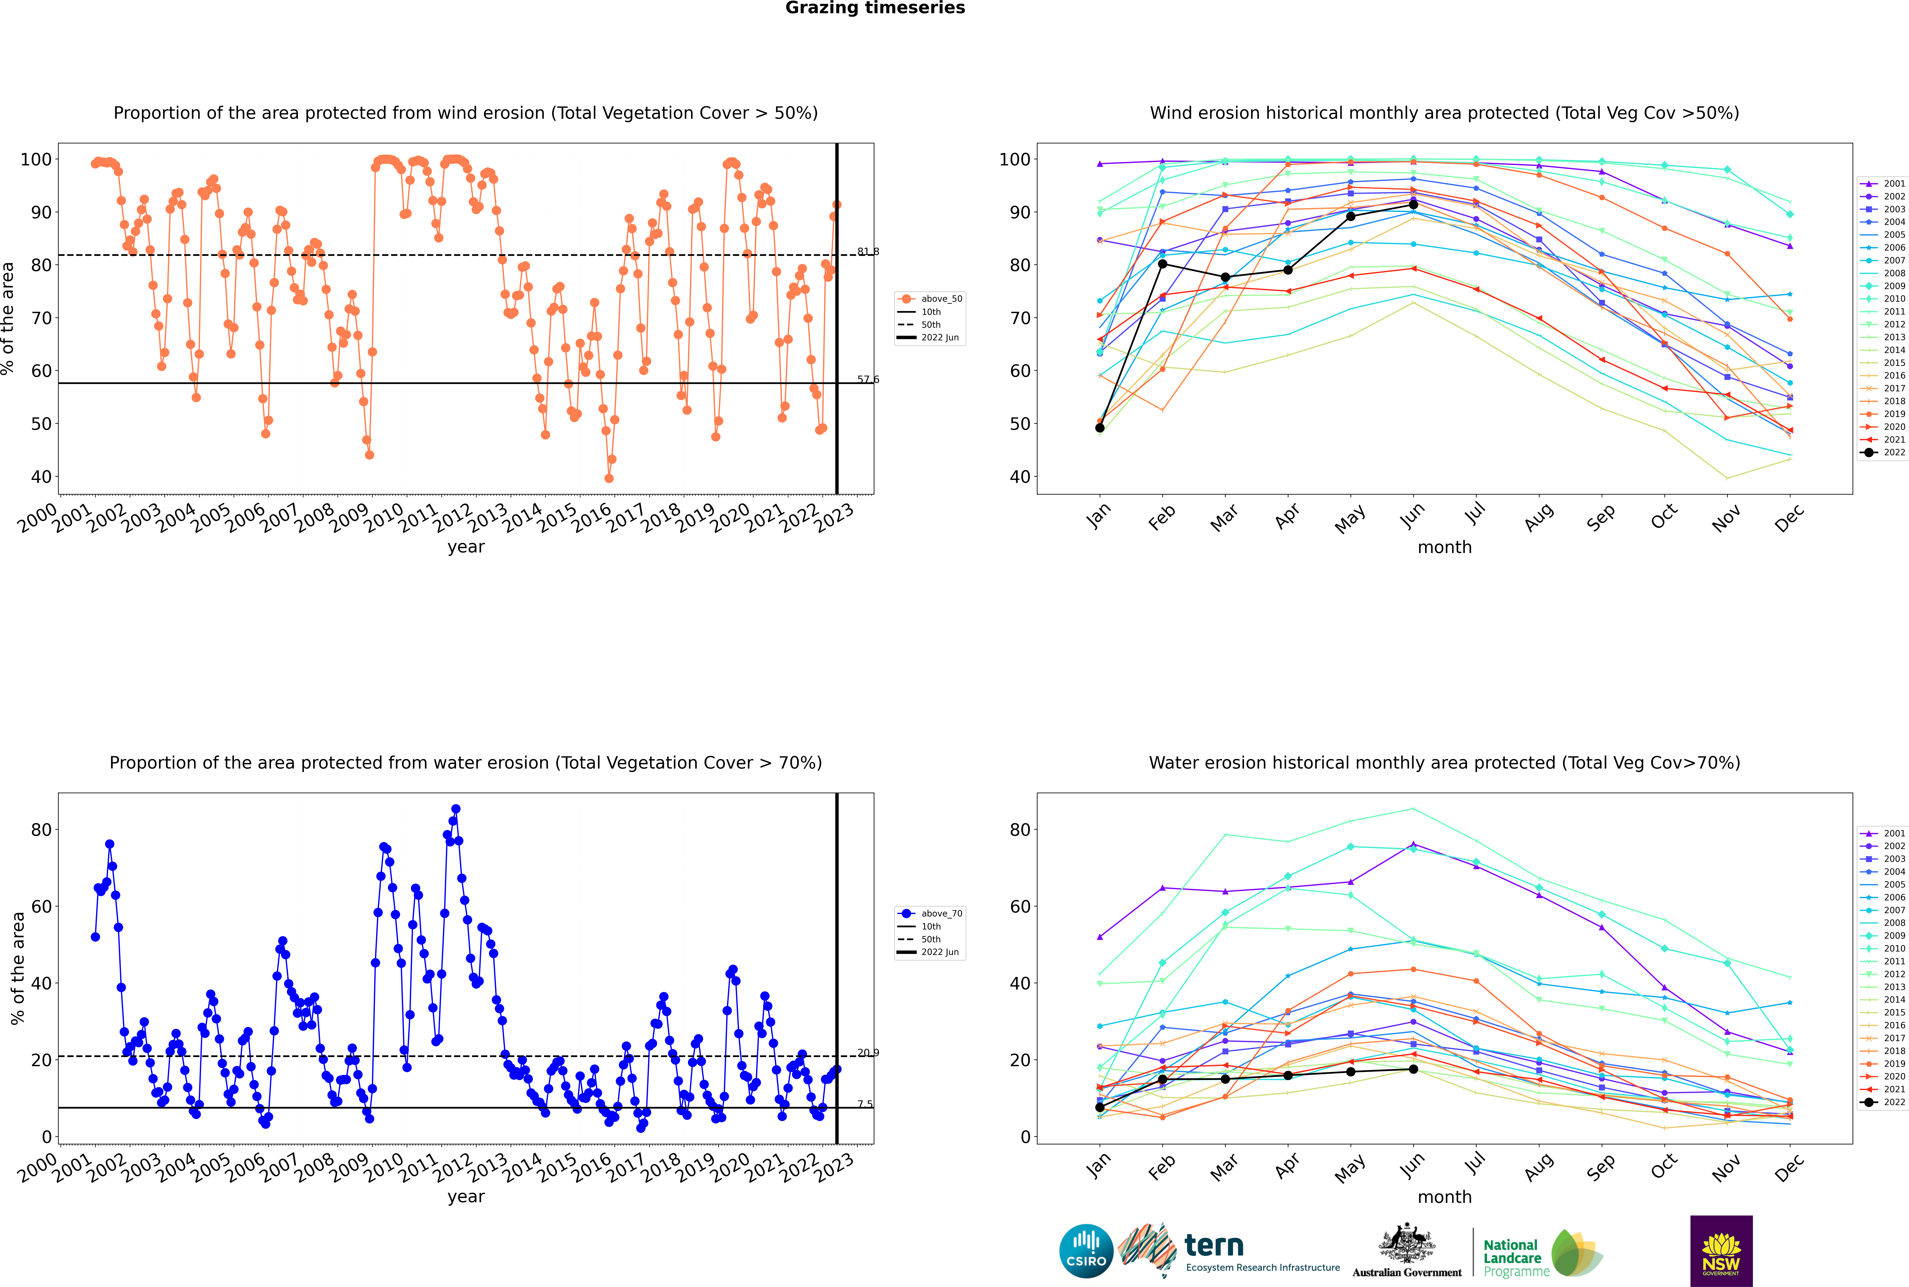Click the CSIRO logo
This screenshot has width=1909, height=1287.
pyautogui.click(x=1086, y=1251)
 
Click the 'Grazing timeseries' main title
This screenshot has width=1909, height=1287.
pyautogui.click(x=875, y=8)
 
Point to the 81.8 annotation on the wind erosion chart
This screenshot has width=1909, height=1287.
pyautogui.click(x=868, y=251)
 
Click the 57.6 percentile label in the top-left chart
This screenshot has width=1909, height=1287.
pyautogui.click(x=868, y=379)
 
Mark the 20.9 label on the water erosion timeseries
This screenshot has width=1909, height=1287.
pyautogui.click(x=868, y=1052)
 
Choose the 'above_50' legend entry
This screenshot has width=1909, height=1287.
pyautogui.click(x=930, y=299)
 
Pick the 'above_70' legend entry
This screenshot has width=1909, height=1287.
pyautogui.click(x=930, y=914)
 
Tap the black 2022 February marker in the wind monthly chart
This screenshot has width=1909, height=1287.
pyautogui.click(x=1162, y=263)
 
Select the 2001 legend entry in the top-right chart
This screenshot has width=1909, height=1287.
pyautogui.click(x=1883, y=184)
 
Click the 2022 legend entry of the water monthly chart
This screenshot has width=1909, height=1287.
pyautogui.click(x=1883, y=1102)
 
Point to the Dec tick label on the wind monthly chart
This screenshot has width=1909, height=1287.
pyautogui.click(x=1789, y=518)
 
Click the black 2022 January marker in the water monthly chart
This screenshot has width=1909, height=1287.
pyautogui.click(x=1100, y=1107)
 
